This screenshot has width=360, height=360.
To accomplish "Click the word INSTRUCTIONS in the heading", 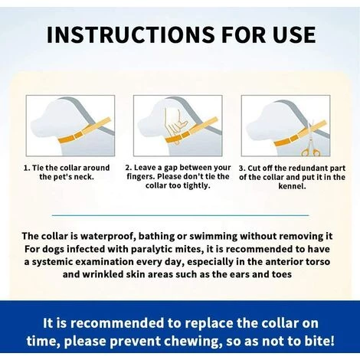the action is pyautogui.click(x=131, y=34).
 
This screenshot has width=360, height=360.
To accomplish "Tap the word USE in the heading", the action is pyautogui.click(x=294, y=34).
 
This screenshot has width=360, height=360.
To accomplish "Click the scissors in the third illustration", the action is pyautogui.click(x=310, y=140).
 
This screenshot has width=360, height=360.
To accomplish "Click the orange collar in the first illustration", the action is pyautogui.click(x=83, y=131).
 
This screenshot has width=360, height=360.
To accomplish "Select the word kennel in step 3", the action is pyautogui.click(x=292, y=186).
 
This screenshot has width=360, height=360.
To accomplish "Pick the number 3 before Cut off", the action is pyautogui.click(x=242, y=169).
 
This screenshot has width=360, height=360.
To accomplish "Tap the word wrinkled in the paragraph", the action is pyautogui.click(x=103, y=274).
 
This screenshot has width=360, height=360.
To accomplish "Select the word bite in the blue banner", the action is pyautogui.click(x=319, y=341).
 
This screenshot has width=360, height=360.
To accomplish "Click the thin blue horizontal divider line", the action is pyautogui.click(x=180, y=215).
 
